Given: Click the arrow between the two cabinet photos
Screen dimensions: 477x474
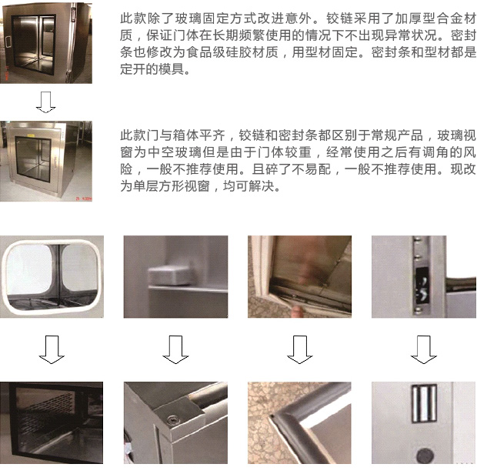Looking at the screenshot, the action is (x=45, y=102).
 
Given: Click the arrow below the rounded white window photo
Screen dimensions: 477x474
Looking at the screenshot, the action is (x=52, y=349).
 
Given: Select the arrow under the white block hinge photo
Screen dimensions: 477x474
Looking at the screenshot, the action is (x=175, y=349).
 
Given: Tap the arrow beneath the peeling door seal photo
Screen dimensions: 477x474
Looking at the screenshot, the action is (x=299, y=349).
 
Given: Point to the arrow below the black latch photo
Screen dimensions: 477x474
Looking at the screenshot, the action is (x=424, y=349).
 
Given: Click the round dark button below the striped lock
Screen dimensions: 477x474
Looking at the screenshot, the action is (x=425, y=456).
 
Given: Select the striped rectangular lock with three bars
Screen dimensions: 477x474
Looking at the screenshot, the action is (x=425, y=404).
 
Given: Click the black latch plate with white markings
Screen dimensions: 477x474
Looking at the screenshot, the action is (x=423, y=286).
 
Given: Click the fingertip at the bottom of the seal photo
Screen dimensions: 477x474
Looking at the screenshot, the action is (x=297, y=312).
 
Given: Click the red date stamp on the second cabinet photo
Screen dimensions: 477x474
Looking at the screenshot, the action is (x=83, y=199).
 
